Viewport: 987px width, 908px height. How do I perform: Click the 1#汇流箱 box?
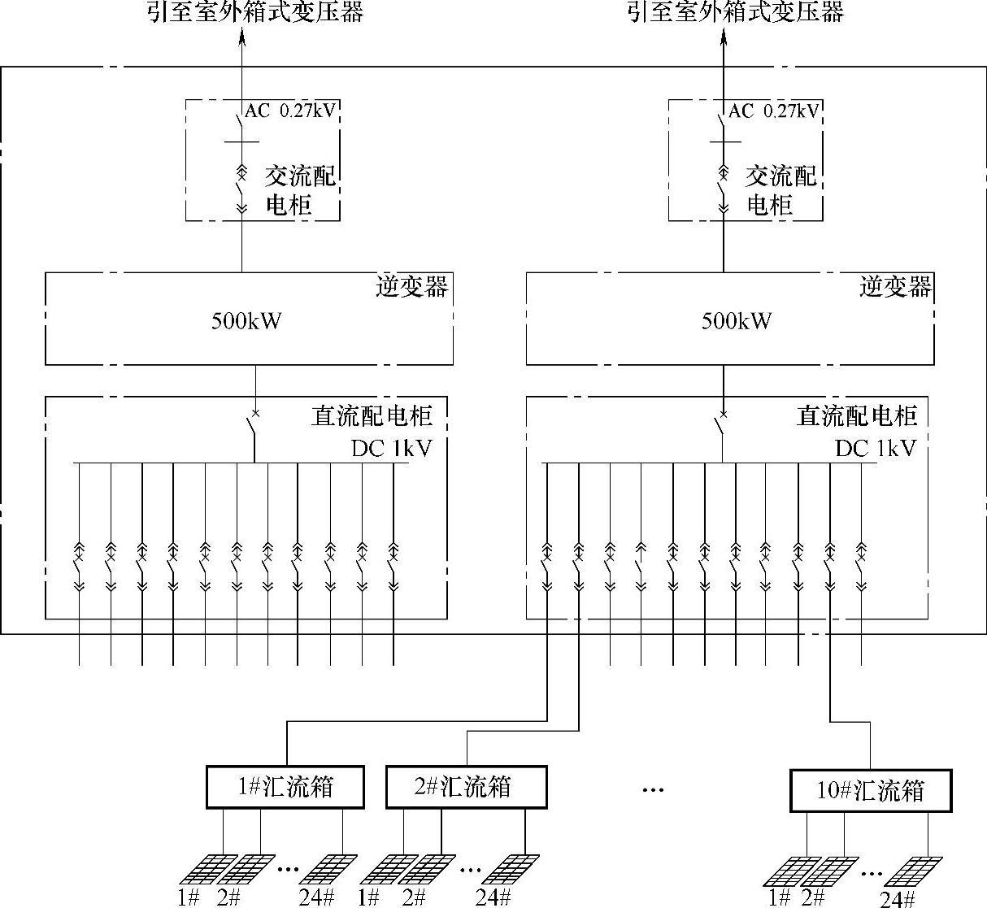[x=285, y=787]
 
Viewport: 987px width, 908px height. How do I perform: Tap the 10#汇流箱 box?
[x=870, y=790]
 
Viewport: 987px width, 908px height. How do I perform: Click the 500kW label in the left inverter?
[x=246, y=320]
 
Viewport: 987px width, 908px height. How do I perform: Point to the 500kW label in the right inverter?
[x=737, y=320]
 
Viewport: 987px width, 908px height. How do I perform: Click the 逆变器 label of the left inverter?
[x=411, y=287]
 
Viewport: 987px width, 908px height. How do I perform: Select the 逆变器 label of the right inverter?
[x=895, y=287]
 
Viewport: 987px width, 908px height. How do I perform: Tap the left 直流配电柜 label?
[x=372, y=415]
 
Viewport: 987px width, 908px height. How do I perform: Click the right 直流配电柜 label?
[x=856, y=415]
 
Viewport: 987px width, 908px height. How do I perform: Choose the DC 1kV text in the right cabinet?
[x=875, y=448]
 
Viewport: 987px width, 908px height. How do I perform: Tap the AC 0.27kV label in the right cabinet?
[x=773, y=111]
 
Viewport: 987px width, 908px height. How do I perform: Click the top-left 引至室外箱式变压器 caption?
[x=255, y=12]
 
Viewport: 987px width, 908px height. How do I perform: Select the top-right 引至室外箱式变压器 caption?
[x=736, y=12]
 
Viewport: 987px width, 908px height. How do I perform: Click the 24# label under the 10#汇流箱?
[x=897, y=898]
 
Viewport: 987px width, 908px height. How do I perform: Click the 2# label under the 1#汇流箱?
[x=228, y=897]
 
